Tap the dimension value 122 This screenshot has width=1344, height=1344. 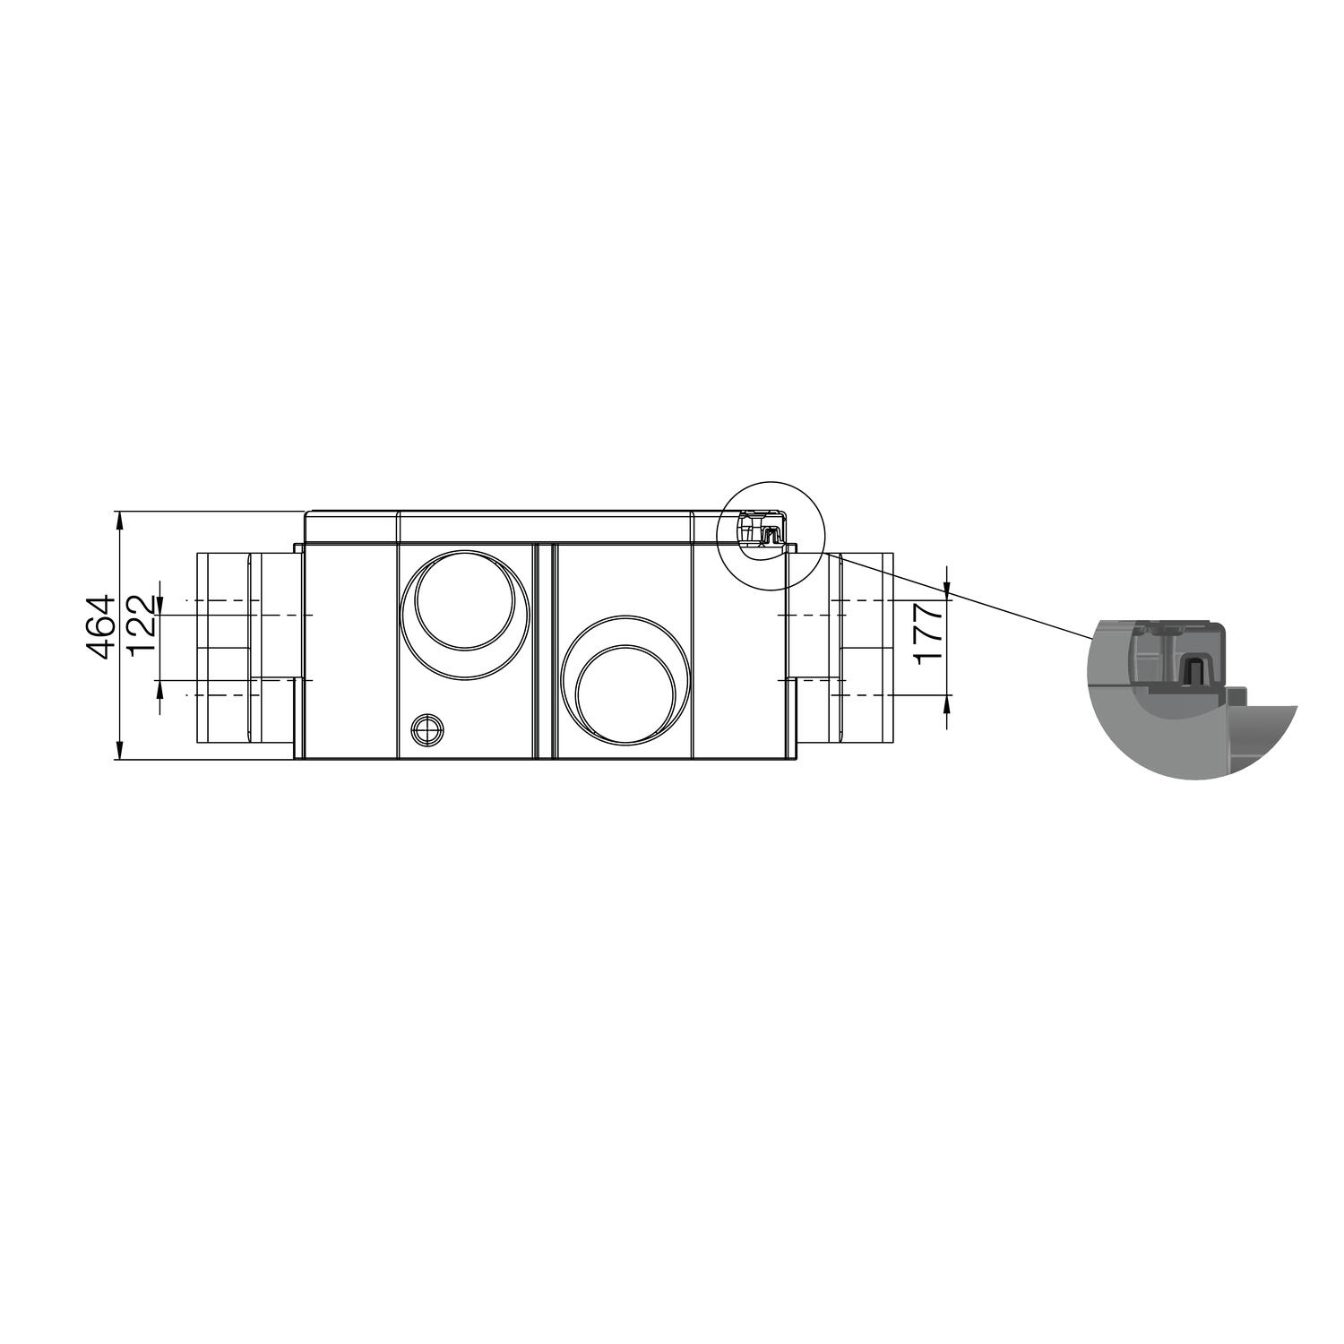pos(142,625)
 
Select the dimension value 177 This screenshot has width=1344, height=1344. pos(930,632)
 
